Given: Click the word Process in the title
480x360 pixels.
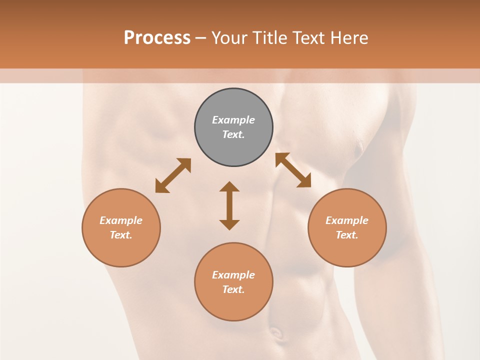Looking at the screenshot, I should pyautogui.click(x=157, y=38).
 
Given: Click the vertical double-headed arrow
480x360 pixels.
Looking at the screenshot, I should pyautogui.click(x=229, y=205).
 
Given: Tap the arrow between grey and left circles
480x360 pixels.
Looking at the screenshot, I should pyautogui.click(x=173, y=175).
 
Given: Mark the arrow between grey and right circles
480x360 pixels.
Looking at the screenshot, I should pyautogui.click(x=293, y=170).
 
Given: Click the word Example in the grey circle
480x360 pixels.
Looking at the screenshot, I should pyautogui.click(x=233, y=120).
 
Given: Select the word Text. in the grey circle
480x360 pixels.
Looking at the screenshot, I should pyautogui.click(x=233, y=134).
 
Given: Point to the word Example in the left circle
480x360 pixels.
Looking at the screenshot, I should pyautogui.click(x=121, y=220).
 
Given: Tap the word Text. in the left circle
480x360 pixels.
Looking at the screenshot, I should pyautogui.click(x=121, y=235).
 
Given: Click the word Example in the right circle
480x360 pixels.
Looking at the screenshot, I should pyautogui.click(x=347, y=220).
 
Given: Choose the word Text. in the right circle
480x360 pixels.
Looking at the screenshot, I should pyautogui.click(x=347, y=235).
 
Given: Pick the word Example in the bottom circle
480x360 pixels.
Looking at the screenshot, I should pyautogui.click(x=233, y=275).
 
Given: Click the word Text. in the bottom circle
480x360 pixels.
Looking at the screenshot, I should pyautogui.click(x=233, y=289).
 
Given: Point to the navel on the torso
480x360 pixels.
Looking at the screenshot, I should pyautogui.click(x=275, y=332).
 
